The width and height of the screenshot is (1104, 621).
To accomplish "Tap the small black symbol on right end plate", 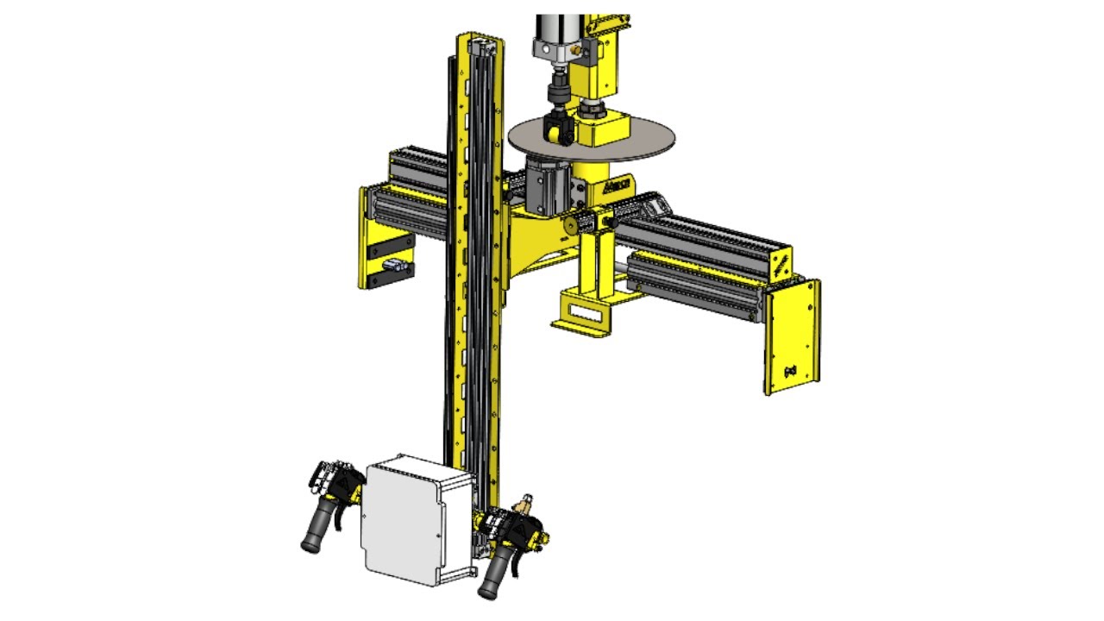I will click(x=788, y=371).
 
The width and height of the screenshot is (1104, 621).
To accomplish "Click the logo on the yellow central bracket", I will click(x=618, y=185).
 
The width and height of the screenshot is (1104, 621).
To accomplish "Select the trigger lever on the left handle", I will click(x=344, y=514).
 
